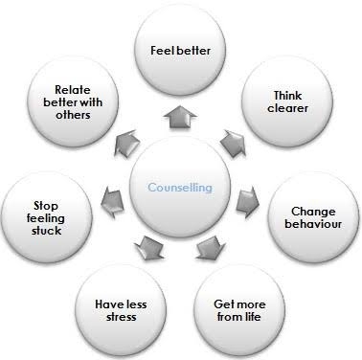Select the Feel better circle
[x=181, y=51]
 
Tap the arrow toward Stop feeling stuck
[x=113, y=198]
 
